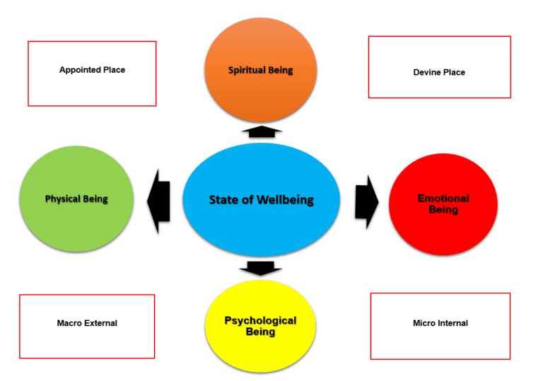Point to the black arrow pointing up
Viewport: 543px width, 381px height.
261,131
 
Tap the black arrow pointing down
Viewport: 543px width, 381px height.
261,268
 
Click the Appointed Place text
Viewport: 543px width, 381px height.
92,70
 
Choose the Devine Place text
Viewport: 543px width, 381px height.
439,72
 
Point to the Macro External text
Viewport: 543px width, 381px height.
87,323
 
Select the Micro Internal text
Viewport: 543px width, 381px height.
440,323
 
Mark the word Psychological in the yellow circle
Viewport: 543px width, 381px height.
260,321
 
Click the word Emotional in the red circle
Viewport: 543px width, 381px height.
443,199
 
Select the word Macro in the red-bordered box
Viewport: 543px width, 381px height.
71,323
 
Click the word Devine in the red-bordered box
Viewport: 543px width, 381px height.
427,72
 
